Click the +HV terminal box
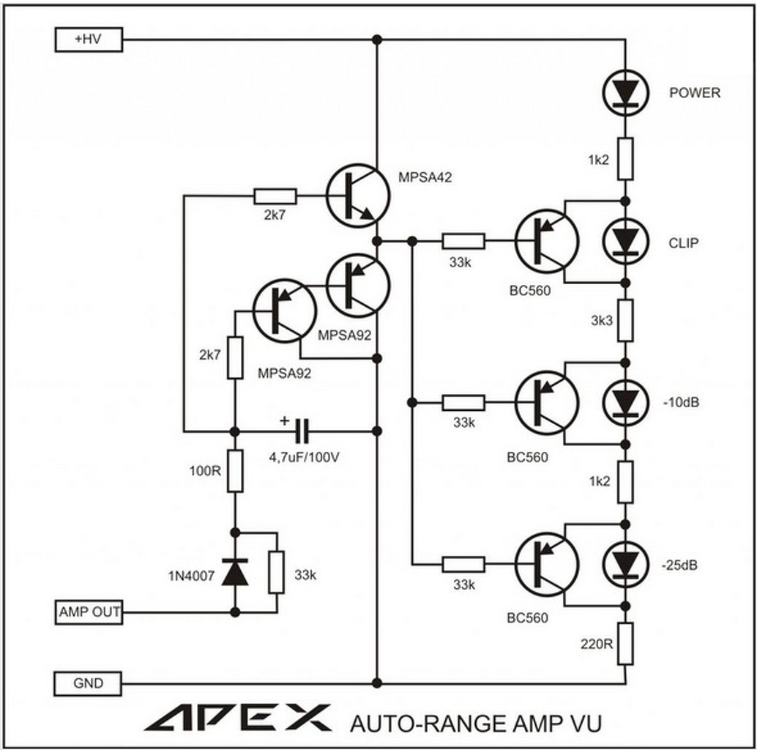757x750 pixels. pyautogui.click(x=89, y=40)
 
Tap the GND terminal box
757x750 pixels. pyautogui.click(x=89, y=683)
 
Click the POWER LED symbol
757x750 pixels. pyautogui.click(x=624, y=92)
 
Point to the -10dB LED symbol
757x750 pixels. pyautogui.click(x=624, y=402)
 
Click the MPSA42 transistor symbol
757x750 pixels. pyautogui.click(x=357, y=196)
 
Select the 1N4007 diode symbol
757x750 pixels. pyautogui.click(x=235, y=572)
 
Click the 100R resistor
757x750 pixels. pyautogui.click(x=235, y=471)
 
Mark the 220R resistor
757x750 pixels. pyautogui.click(x=624, y=644)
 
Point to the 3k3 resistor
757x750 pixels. pyautogui.click(x=624, y=321)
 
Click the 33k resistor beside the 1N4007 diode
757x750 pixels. pyautogui.click(x=276, y=572)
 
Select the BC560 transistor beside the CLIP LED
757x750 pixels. pyautogui.click(x=546, y=241)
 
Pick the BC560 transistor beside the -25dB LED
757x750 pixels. pyautogui.click(x=546, y=565)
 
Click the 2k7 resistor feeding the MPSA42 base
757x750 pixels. pyautogui.click(x=275, y=196)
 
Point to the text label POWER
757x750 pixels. pyautogui.click(x=694, y=93)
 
